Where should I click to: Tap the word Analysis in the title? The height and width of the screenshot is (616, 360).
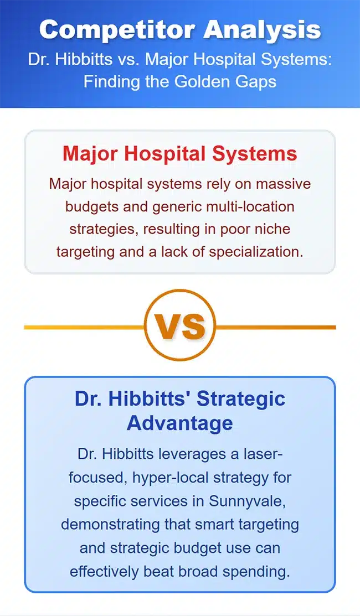(255, 29)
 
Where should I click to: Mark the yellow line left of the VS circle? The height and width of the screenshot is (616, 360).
(84, 327)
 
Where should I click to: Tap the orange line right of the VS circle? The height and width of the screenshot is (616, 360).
(275, 327)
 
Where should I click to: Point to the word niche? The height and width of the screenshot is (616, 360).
(271, 229)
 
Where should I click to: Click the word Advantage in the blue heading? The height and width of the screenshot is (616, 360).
(179, 423)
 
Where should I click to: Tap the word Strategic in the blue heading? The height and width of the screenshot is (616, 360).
(241, 398)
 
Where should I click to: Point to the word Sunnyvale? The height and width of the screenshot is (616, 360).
(247, 501)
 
